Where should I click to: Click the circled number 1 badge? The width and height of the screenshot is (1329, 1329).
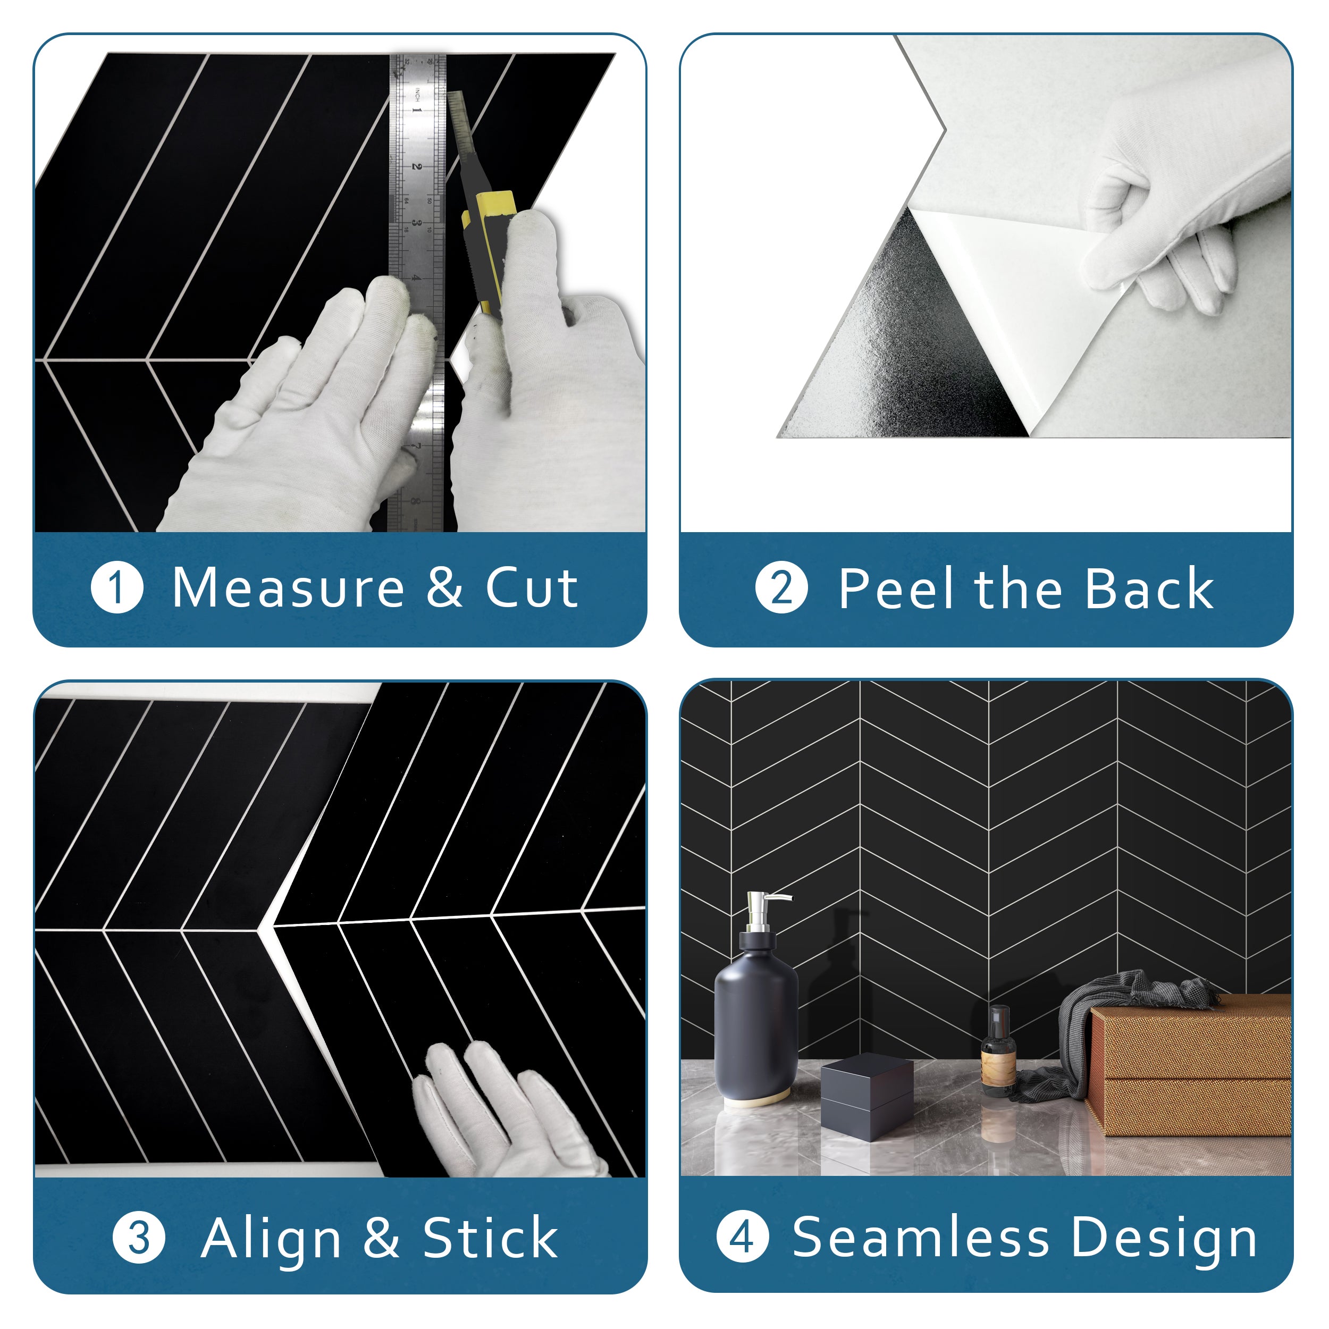(x=117, y=588)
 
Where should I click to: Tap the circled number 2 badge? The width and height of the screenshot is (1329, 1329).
(x=781, y=588)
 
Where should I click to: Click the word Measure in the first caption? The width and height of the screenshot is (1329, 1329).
(x=288, y=588)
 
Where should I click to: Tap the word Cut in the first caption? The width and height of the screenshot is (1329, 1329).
(x=531, y=588)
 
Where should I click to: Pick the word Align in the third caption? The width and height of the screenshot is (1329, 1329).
(x=271, y=1239)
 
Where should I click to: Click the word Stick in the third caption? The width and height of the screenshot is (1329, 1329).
(x=489, y=1238)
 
